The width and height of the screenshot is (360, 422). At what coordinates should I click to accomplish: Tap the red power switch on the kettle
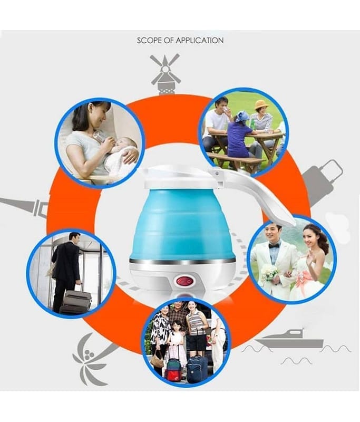pyautogui.click(x=185, y=282)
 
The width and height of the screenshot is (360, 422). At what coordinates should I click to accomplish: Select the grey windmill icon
pyautogui.click(x=166, y=74)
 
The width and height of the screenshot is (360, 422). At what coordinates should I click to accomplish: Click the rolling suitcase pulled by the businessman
pyautogui.click(x=75, y=301)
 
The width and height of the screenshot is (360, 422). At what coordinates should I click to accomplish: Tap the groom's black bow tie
pyautogui.click(x=274, y=246)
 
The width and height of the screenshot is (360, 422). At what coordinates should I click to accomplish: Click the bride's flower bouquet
pyautogui.click(x=269, y=272)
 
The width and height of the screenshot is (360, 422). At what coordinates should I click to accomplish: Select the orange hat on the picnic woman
pyautogui.click(x=261, y=104)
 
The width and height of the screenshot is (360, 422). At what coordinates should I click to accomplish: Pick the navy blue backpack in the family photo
pyautogui.click(x=197, y=369)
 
